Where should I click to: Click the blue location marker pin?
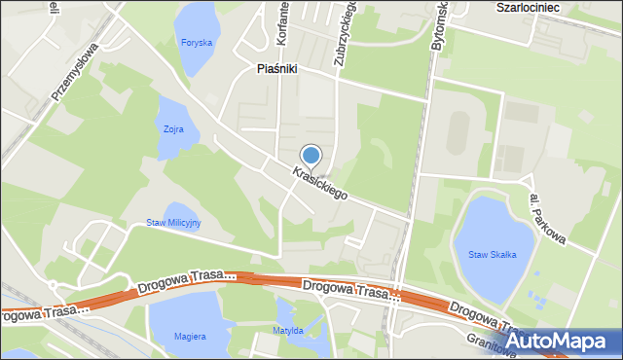[x=311, y=155]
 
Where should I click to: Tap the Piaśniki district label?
[x=276, y=69]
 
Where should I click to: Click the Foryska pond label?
[x=197, y=43]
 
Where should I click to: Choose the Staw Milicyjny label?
[x=173, y=223]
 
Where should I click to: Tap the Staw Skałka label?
[x=492, y=254]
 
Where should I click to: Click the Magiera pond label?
[x=190, y=337]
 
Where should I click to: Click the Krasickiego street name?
[x=318, y=183]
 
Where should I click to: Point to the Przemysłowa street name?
[x=75, y=74]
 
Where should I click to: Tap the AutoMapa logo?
[x=561, y=342]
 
